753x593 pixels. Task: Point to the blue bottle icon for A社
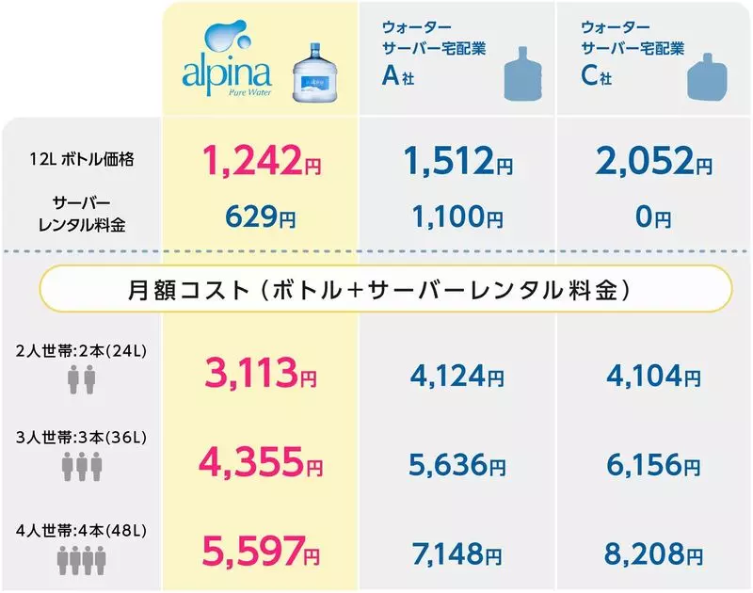tap(523, 74)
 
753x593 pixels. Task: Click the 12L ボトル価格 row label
tap(81, 160)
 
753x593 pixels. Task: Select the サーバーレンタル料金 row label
tap(81, 213)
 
